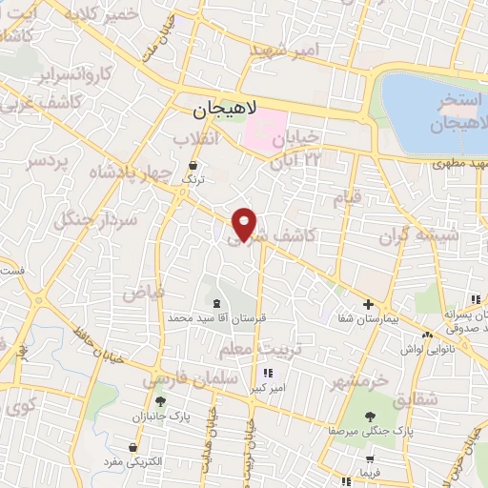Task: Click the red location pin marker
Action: (246, 222)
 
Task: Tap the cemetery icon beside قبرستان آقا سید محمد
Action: (222, 302)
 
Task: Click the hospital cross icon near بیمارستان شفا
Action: (369, 303)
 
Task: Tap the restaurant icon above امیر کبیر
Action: (269, 373)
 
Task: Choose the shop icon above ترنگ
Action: (193, 165)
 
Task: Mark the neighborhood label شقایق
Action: (415, 398)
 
